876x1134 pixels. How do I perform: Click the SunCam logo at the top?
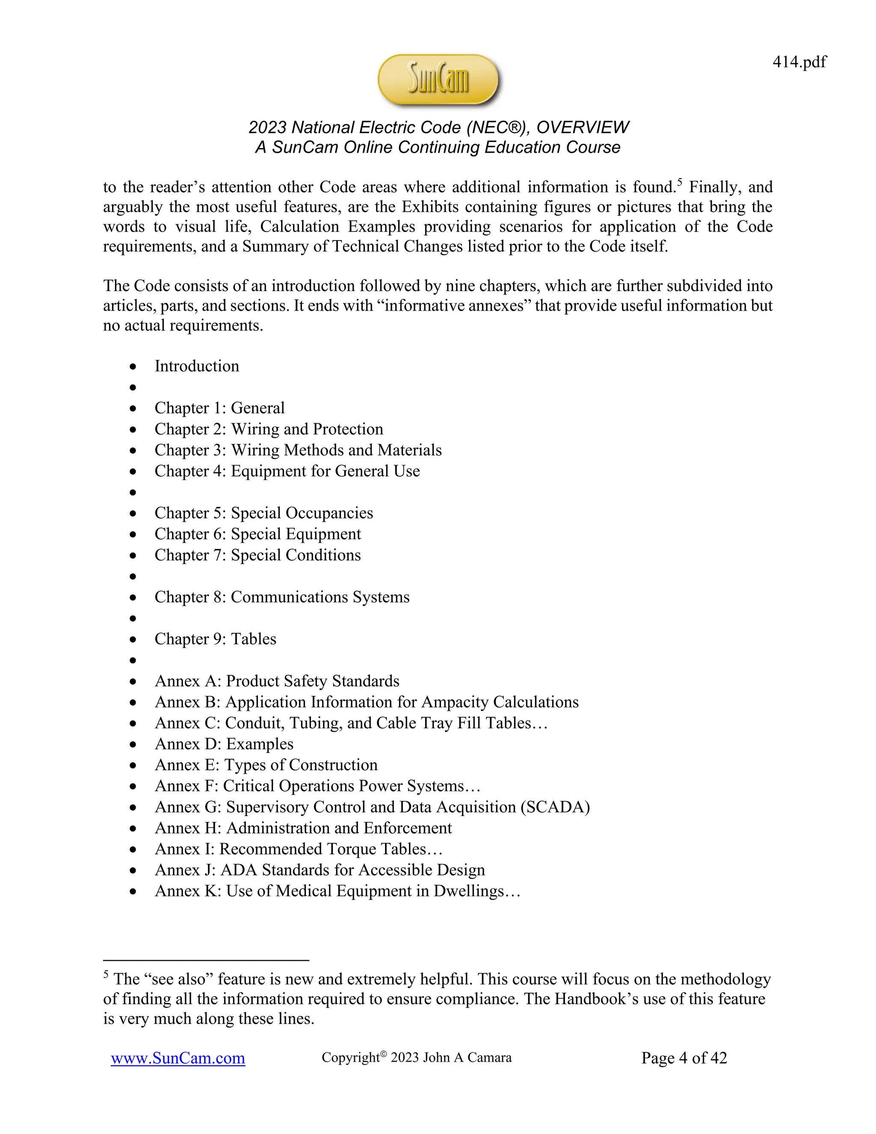point(438,80)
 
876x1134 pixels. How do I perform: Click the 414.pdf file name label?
point(799,62)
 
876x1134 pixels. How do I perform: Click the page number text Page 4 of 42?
point(684,1058)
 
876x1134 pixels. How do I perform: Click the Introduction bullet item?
point(197,366)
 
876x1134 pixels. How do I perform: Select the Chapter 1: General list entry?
point(219,408)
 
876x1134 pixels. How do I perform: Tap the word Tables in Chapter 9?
point(253,639)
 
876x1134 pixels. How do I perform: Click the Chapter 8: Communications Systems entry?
point(282,597)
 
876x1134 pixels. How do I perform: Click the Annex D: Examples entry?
point(224,744)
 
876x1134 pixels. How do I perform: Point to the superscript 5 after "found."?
point(680,182)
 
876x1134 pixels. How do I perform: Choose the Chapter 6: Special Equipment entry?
point(257,534)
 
